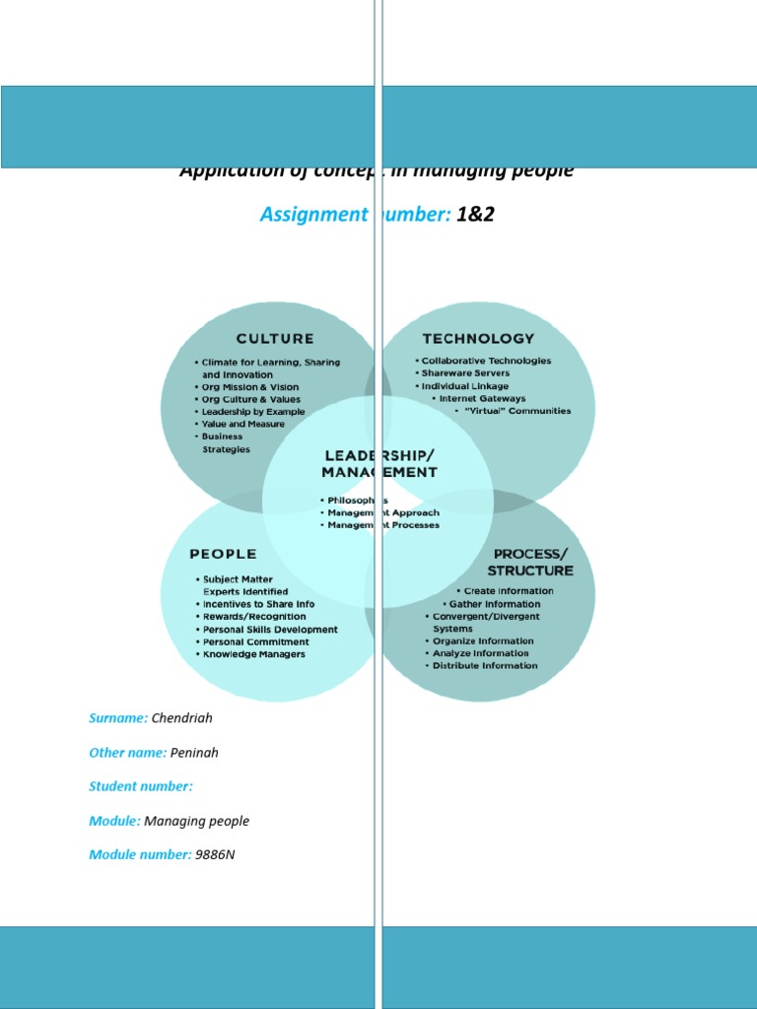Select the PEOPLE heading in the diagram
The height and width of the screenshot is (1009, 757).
(223, 554)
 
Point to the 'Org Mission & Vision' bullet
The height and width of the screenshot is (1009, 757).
(250, 387)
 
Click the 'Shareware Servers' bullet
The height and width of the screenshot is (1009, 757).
(465, 373)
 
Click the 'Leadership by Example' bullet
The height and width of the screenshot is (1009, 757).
(253, 412)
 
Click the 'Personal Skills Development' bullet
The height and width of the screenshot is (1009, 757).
(269, 630)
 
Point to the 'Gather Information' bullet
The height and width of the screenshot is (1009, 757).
(494, 604)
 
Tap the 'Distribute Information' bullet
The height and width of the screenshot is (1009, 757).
(485, 665)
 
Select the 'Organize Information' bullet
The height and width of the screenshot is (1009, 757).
(483, 640)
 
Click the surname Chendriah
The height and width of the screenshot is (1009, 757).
(181, 718)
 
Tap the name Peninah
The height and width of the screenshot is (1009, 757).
(194, 753)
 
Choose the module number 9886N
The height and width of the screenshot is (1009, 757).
(215, 854)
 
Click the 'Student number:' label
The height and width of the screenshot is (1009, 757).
(141, 786)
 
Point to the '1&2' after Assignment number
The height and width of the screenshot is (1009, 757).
(475, 215)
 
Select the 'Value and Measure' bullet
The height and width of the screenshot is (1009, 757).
(242, 425)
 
